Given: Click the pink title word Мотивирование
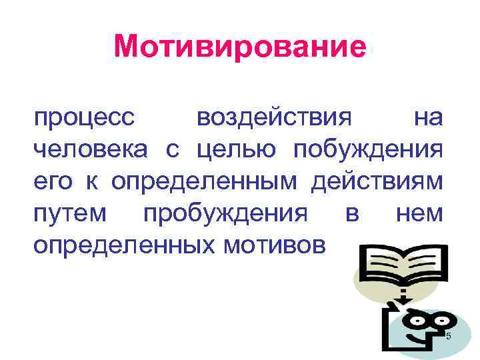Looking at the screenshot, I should (240, 47).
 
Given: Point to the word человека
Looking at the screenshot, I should (91, 151).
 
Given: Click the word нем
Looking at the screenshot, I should (419, 215).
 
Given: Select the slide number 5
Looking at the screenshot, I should (448, 335).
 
